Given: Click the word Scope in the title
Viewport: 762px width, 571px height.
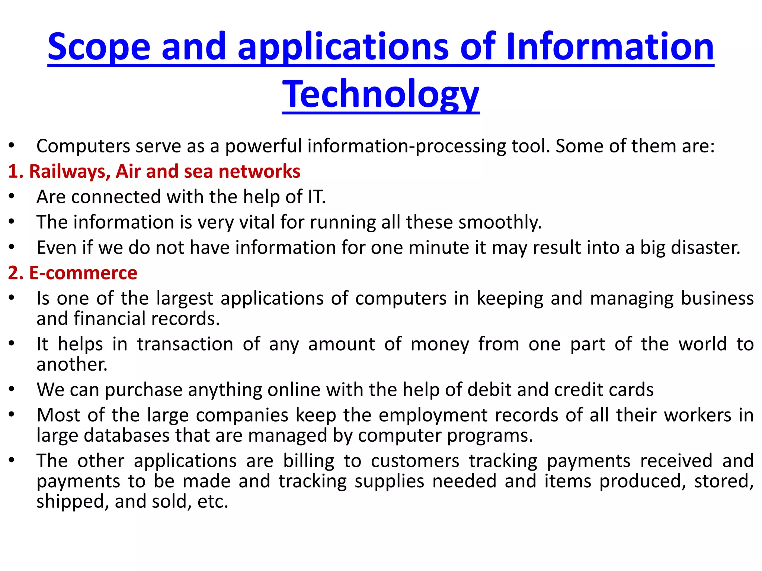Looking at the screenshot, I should (x=99, y=47).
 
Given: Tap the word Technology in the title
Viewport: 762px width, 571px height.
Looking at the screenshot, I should (x=381, y=94).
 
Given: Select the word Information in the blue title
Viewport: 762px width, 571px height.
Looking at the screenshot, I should (x=610, y=47).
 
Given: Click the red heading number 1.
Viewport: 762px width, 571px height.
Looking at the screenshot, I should (x=15, y=171).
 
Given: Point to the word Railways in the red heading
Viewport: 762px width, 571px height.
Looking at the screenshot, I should (x=70, y=171).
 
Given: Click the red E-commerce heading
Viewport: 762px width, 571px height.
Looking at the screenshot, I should (x=83, y=273).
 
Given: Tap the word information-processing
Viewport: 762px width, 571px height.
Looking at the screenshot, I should (x=365, y=146).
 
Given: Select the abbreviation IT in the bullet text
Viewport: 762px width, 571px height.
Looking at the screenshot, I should (x=316, y=197).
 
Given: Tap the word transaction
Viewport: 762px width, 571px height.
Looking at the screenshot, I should (x=185, y=344).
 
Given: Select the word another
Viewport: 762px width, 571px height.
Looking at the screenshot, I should (x=72, y=364).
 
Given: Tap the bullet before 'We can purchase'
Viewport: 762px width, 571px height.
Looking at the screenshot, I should (x=12, y=389).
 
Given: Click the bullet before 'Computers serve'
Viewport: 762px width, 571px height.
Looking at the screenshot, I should (x=12, y=145).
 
